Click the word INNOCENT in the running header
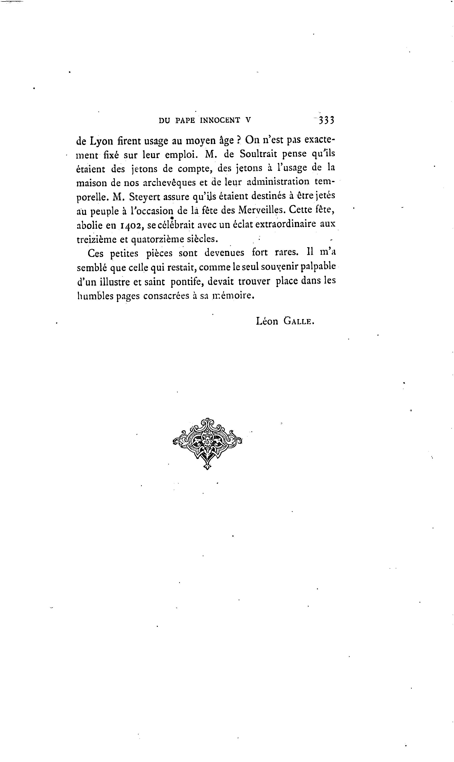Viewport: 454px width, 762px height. pos(220,120)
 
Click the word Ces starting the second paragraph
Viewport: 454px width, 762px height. pos(95,254)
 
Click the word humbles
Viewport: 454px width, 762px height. pos(95,296)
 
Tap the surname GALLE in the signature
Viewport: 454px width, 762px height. pos(299,321)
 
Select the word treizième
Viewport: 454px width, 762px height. pos(96,239)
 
